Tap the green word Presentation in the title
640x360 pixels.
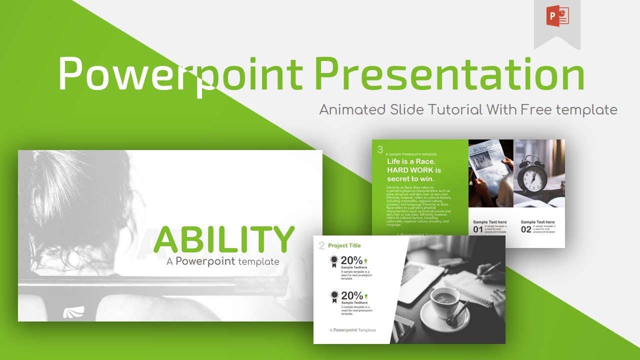pyautogui.click(x=449, y=74)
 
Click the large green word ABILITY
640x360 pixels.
pyautogui.click(x=223, y=239)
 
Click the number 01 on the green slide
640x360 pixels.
pyautogui.click(x=478, y=229)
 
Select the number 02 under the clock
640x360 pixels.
pyautogui.click(x=526, y=229)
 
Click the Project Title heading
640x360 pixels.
pyautogui.click(x=344, y=245)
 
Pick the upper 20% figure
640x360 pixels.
pyautogui.click(x=351, y=260)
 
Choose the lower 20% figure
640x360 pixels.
pyautogui.click(x=351, y=295)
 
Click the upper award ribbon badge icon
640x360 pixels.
pyautogui.click(x=333, y=261)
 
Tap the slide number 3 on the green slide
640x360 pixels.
pyautogui.click(x=380, y=149)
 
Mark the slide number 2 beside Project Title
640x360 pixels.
pyautogui.click(x=321, y=245)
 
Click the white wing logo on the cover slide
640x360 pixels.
pyautogui.click(x=74, y=312)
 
